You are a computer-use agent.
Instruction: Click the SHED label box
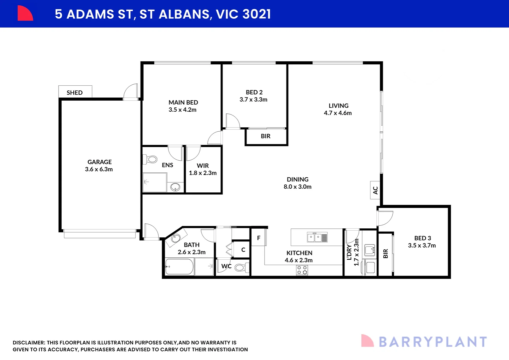coord(75,92)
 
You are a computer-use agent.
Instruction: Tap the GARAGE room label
coord(100,162)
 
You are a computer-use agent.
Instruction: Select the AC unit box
coord(375,190)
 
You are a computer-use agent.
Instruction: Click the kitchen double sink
coord(317,237)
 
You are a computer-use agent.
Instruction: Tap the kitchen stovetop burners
coord(302,270)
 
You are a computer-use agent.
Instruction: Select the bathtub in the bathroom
coord(179,267)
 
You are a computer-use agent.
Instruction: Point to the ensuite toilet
coord(150,159)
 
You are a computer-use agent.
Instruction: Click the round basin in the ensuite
coord(175,187)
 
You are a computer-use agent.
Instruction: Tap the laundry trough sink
coord(370,250)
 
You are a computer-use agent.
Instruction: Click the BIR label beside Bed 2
coord(265,136)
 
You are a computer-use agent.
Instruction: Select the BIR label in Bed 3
coord(386,254)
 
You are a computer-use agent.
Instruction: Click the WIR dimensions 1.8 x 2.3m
coord(203,173)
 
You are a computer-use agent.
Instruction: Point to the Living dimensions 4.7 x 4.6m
coord(338,113)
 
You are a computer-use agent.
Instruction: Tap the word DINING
coord(298,179)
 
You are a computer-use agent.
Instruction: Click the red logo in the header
coord(25,13)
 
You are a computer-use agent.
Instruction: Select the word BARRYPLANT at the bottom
coord(433,342)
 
